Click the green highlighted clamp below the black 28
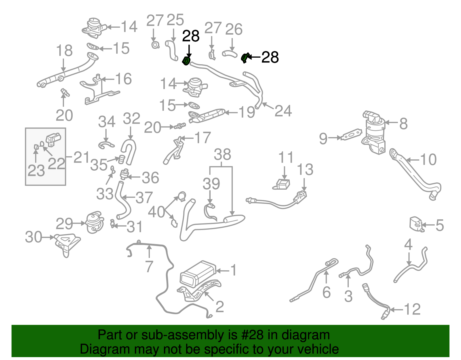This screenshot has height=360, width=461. tap(186, 61)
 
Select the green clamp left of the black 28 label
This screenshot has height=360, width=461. tap(244, 58)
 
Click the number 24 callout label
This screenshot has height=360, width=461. tap(283, 111)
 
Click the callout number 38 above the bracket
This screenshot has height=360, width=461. tap(222, 155)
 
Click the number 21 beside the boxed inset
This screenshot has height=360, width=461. tap(82, 157)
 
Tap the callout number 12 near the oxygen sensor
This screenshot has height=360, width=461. tap(412, 310)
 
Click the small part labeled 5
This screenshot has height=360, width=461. tap(416, 225)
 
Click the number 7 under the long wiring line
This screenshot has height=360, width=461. tap(149, 266)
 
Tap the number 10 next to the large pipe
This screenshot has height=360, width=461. tap(428, 159)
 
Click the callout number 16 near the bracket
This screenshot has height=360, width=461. tap(123, 79)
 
